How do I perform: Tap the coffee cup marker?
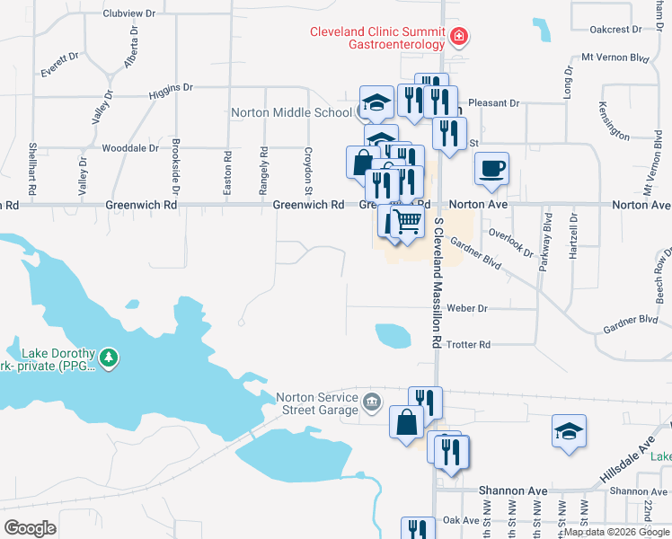point(491,169)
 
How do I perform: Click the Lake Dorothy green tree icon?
point(109,358)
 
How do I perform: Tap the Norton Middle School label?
point(291,113)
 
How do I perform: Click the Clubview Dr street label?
point(129,14)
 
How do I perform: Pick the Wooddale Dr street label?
point(130,147)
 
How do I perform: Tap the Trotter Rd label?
point(468,344)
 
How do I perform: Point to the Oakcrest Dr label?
point(615,29)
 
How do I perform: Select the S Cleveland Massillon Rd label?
point(438,282)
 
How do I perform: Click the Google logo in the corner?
point(30,528)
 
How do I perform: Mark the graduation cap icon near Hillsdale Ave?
point(569,432)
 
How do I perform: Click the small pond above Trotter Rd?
point(393,336)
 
